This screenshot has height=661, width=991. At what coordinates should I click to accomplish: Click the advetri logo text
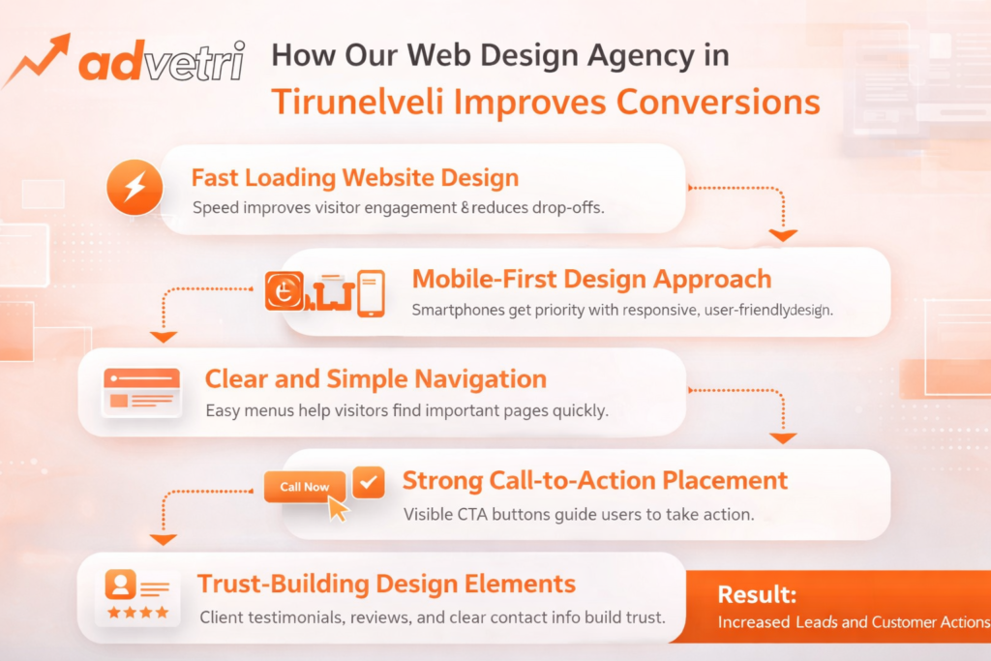pyautogui.click(x=162, y=62)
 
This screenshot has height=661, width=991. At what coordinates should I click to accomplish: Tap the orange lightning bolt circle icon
pyautogui.click(x=135, y=187)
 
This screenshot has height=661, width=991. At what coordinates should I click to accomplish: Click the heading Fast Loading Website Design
pyautogui.click(x=354, y=177)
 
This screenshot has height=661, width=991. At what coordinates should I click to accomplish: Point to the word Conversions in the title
pyautogui.click(x=718, y=102)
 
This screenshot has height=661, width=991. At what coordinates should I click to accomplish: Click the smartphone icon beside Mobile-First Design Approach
pyautogui.click(x=371, y=293)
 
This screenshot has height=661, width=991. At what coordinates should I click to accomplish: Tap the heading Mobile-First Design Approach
pyautogui.click(x=591, y=279)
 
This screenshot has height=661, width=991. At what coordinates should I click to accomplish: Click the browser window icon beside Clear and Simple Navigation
pyautogui.click(x=141, y=392)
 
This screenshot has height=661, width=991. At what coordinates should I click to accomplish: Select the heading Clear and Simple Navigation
pyautogui.click(x=375, y=379)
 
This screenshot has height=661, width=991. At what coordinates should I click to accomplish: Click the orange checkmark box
pyautogui.click(x=369, y=483)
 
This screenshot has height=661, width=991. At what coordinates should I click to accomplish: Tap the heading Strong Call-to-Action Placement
pyautogui.click(x=595, y=481)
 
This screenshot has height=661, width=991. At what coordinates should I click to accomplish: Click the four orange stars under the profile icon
pyautogui.click(x=137, y=612)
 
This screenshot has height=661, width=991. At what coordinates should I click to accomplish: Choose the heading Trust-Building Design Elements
pyautogui.click(x=386, y=584)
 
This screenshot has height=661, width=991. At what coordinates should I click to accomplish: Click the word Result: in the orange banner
pyautogui.click(x=757, y=594)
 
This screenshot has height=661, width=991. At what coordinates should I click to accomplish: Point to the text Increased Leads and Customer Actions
pyautogui.click(x=854, y=622)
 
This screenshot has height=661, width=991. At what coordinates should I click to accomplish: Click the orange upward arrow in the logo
pyautogui.click(x=38, y=60)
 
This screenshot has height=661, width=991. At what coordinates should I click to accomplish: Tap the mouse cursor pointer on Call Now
pyautogui.click(x=338, y=508)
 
